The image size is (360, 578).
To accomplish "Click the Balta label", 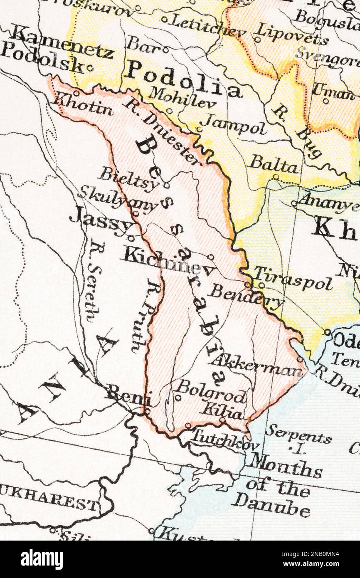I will [x=274, y=164].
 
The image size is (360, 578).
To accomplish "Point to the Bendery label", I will [x=246, y=296].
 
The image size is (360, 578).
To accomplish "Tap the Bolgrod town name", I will [x=211, y=391].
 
